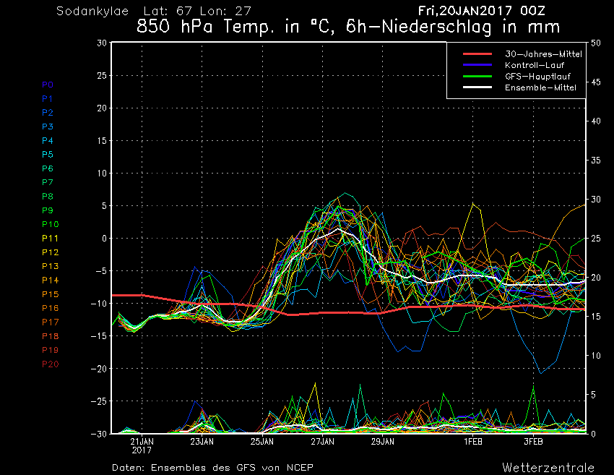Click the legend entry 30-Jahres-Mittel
click(543, 54)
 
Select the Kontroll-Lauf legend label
click(535, 65)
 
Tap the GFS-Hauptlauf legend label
click(537, 77)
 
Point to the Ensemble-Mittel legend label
click(540, 87)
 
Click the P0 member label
click(48, 85)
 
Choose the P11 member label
click(50, 239)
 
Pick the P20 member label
click(50, 364)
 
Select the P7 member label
click(48, 182)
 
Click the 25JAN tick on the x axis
click(262, 442)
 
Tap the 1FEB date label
click(473, 442)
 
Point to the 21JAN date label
click(142, 442)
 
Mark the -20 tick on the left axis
click(99, 369)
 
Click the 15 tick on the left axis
click(102, 141)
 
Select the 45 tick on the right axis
click(596, 82)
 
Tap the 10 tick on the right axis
click(596, 356)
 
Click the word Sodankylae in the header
click(92, 12)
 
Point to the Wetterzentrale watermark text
click(548, 468)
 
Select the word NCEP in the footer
click(300, 468)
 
